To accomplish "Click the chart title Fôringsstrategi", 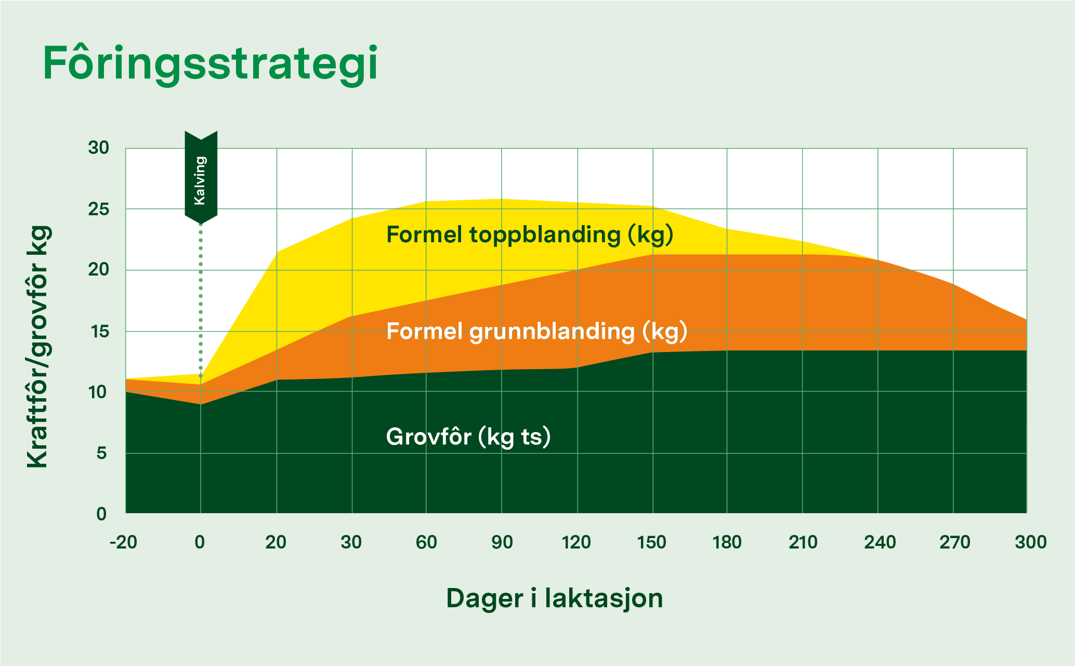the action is pos(210,64).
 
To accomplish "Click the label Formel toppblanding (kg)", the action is pos(530,235).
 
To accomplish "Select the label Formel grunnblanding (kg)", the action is pos(537,332).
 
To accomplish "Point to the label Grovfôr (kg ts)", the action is pos(468,437).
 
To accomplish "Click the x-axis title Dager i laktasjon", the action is pos(555,598).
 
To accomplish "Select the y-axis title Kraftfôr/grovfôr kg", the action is pos(40,347).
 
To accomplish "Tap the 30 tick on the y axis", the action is pos(99,148).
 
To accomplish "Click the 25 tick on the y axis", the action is pos(99,210).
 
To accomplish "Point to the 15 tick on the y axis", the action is pos(99,331).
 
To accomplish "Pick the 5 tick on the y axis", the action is pos(101,453).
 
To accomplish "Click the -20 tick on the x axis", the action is pos(124,542).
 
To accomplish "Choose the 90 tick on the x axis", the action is pos(502,542).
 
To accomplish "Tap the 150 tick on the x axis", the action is pos(652,542).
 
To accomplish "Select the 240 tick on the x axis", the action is pos(880,542).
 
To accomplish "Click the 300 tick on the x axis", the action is pos(1031,542).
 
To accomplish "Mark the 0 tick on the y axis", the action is pos(101,514).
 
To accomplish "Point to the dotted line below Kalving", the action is pos(201,301).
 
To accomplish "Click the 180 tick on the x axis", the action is pos(727,542).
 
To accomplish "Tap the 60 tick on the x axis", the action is pos(426,542).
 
